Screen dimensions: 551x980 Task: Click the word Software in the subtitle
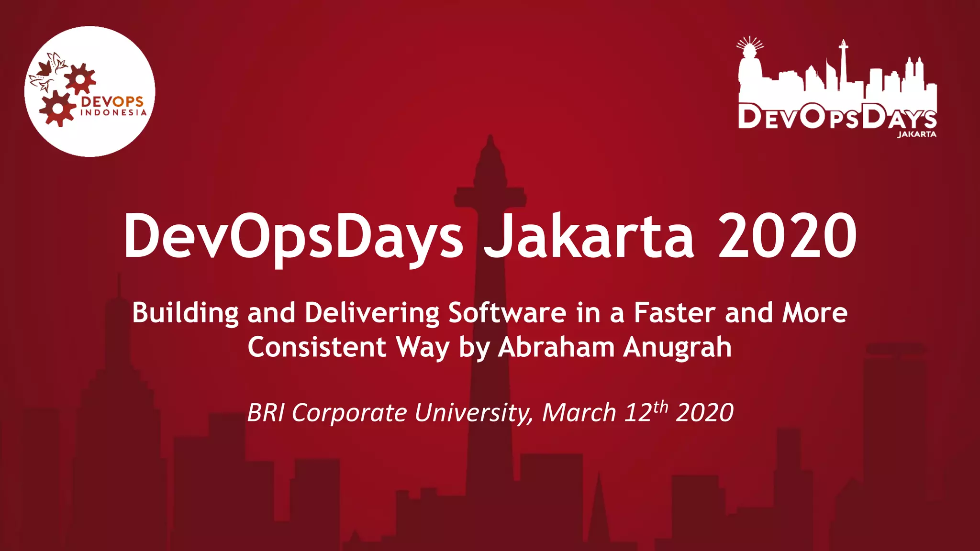tap(507, 313)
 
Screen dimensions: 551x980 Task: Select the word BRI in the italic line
tap(266, 413)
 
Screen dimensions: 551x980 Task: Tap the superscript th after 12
tap(660, 407)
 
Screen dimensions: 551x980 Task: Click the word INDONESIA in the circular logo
tap(113, 113)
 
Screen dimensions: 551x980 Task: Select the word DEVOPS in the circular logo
tap(112, 101)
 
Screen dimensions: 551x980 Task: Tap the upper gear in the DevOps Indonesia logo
tap(80, 78)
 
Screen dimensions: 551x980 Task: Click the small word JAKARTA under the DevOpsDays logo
tap(916, 134)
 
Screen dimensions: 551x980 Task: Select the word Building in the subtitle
tap(185, 313)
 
